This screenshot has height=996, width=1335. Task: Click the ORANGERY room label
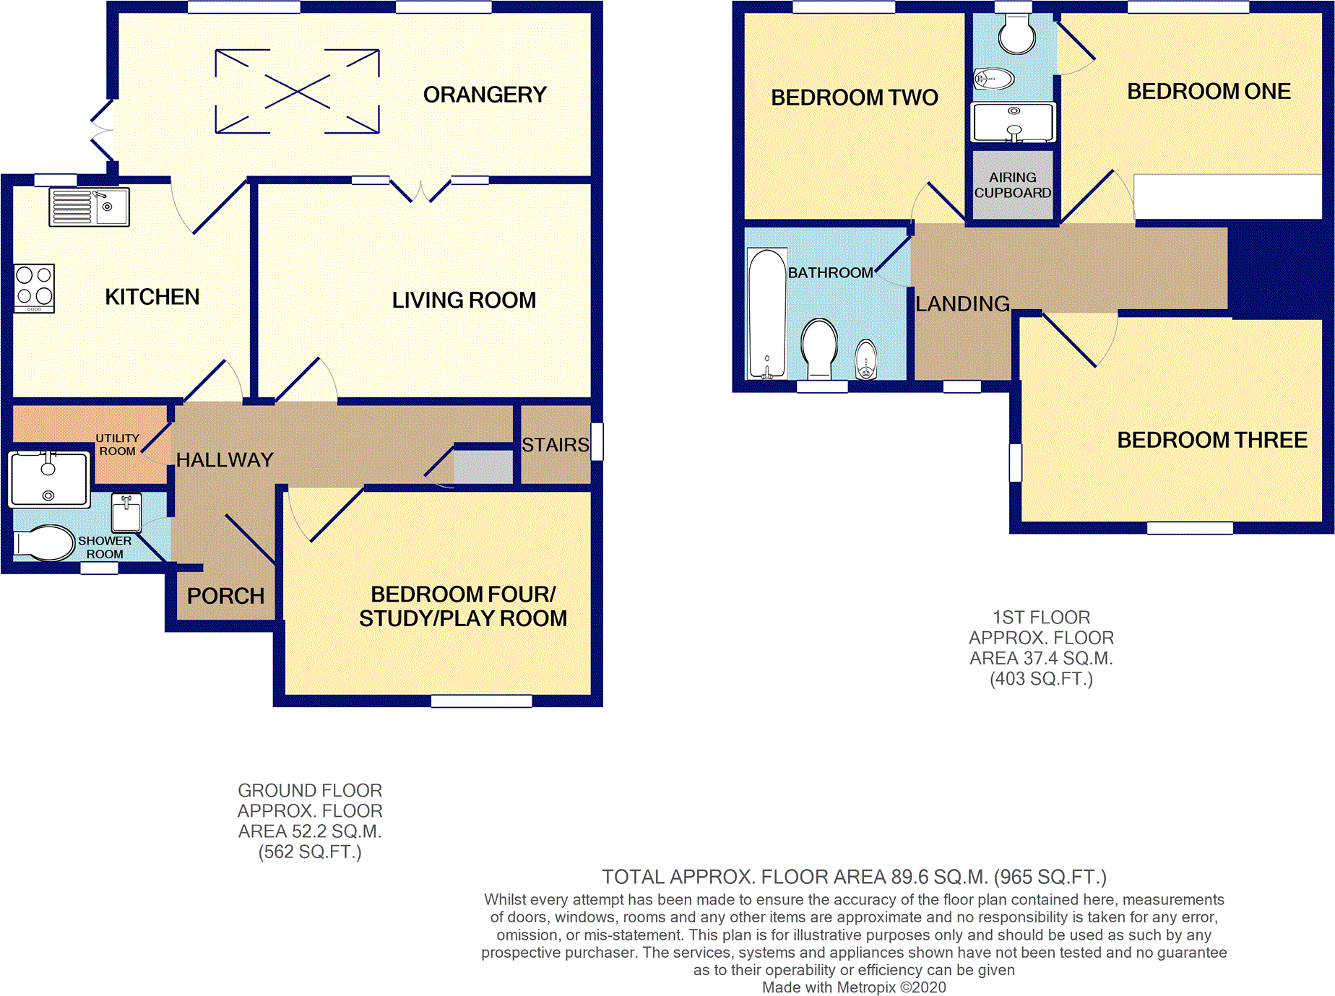(x=485, y=95)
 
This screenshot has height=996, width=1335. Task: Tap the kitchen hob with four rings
(x=34, y=288)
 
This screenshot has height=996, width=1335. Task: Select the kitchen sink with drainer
(x=89, y=207)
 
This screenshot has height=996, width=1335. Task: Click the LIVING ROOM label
(x=464, y=300)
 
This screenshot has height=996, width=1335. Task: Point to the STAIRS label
(x=556, y=445)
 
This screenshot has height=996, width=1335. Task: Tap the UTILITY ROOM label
(x=118, y=445)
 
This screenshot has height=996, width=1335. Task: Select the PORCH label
(x=225, y=596)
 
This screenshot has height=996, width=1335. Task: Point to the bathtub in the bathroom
(x=767, y=313)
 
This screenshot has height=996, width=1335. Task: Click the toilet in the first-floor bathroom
(x=819, y=349)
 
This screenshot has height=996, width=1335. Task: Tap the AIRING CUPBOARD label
(x=1013, y=185)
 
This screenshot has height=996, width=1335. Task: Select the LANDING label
(x=962, y=304)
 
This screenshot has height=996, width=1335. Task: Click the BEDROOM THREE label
(x=1212, y=440)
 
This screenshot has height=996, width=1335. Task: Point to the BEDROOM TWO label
(x=855, y=98)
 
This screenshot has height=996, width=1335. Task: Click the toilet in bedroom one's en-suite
(x=1017, y=34)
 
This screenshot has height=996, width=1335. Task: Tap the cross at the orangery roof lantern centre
(x=298, y=92)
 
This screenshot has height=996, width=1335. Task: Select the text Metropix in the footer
(x=866, y=987)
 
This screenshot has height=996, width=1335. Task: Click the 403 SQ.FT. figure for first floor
(x=1041, y=679)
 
